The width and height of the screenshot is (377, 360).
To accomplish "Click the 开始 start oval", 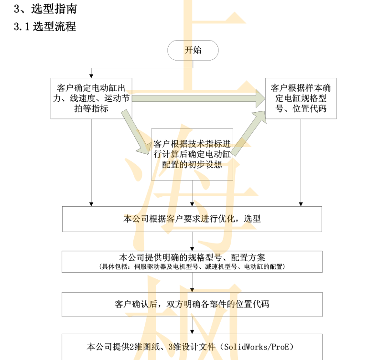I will pyautogui.click(x=193, y=50).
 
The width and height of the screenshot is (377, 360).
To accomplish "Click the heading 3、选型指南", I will pyautogui.click(x=45, y=9).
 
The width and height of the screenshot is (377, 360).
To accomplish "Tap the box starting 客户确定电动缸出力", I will pyautogui.click(x=91, y=98).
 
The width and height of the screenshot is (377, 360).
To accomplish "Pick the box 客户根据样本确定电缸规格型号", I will pyautogui.click(x=301, y=98).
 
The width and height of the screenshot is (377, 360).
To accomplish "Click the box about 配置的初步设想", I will pyautogui.click(x=192, y=154).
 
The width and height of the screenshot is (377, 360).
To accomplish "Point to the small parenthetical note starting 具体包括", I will pyautogui.click(x=192, y=266).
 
